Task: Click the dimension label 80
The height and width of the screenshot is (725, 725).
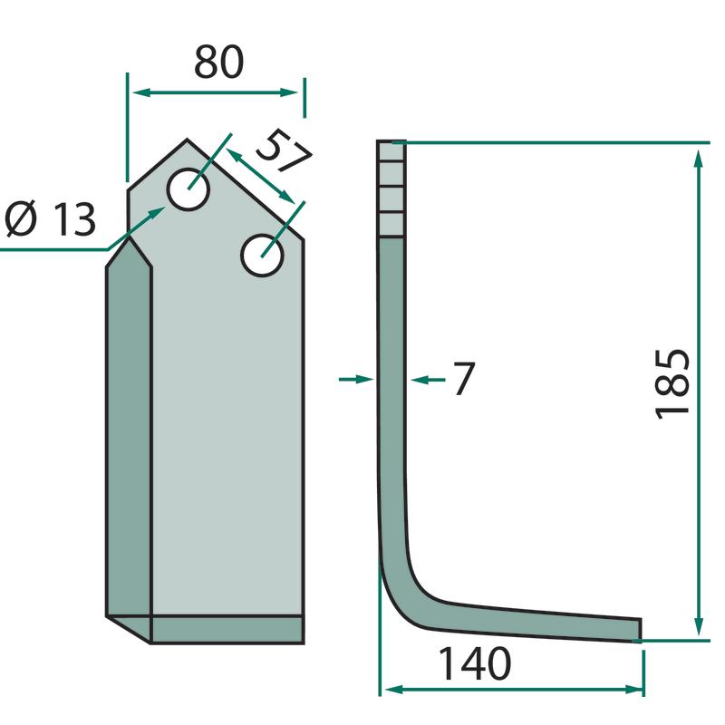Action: [x=218, y=62]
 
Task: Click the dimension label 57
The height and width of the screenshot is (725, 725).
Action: [x=284, y=150]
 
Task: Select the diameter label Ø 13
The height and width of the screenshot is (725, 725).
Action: [x=51, y=219]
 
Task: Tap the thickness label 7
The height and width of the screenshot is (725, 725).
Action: [x=464, y=379]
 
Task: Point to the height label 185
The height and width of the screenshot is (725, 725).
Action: [x=672, y=384]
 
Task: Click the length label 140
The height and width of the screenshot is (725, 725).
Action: [x=474, y=664]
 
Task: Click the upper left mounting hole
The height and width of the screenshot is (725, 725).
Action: [x=188, y=189]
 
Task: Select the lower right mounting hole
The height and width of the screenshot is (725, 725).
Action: [x=262, y=256]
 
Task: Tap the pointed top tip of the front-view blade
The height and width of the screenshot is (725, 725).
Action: [x=187, y=140]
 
